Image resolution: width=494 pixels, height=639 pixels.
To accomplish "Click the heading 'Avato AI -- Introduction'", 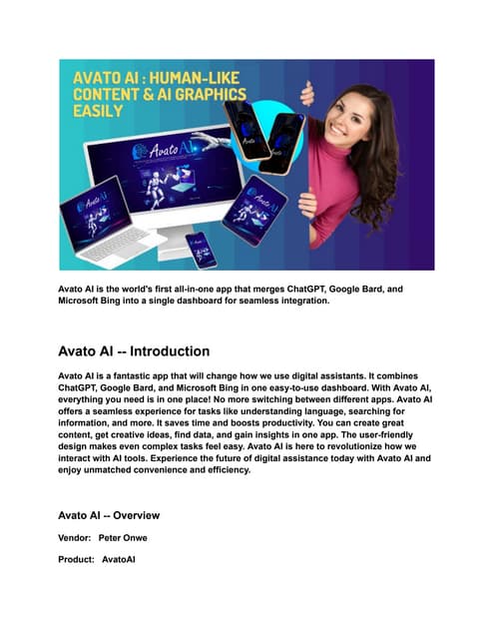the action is (134, 351).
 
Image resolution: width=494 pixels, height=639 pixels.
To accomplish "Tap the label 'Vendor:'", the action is (76, 537).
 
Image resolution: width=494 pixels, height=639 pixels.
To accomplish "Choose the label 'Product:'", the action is (78, 560).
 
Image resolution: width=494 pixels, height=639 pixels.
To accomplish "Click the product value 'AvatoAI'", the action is (119, 560).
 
